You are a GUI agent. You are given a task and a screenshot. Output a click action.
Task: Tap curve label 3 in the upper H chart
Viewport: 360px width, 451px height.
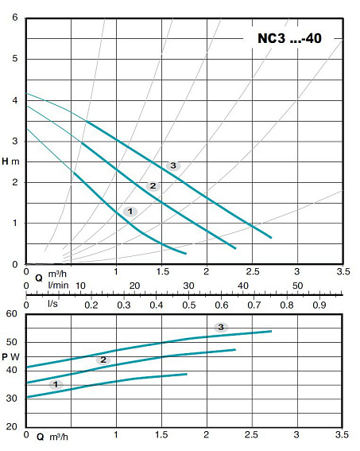tap(172, 165)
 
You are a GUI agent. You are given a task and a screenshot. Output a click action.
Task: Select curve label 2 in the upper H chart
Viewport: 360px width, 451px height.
tap(153, 186)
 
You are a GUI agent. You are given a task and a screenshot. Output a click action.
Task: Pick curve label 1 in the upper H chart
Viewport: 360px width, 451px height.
tap(130, 211)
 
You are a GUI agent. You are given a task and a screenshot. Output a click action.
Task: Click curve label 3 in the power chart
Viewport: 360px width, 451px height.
tap(221, 327)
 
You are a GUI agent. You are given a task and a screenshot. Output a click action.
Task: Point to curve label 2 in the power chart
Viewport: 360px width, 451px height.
tap(102, 360)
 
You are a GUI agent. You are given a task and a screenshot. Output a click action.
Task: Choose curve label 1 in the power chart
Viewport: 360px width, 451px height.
tap(55, 384)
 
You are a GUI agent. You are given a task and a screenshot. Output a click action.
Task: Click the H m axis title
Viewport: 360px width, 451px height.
tap(10, 161)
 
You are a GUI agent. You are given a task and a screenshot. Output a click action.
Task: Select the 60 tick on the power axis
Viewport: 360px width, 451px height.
tap(11, 314)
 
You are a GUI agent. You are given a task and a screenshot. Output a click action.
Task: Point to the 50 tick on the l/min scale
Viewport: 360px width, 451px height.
tap(298, 286)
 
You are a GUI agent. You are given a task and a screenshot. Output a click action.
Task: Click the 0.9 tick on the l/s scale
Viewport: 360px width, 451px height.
tap(319, 305)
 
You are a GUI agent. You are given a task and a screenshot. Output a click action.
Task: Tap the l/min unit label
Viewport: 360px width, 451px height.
tap(57, 285)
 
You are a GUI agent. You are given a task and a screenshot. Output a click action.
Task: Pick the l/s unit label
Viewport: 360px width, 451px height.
tap(52, 305)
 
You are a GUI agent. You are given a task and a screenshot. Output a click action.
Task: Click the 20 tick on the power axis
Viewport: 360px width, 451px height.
tap(11, 426)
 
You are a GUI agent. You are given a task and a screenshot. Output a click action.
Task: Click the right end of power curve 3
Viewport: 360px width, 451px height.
tap(272, 331)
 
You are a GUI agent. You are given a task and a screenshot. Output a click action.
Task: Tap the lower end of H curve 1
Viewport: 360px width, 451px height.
tap(186, 254)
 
